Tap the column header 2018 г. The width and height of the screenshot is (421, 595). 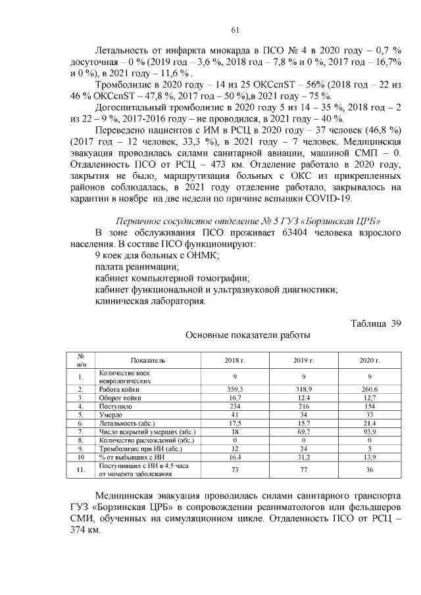point(235,361)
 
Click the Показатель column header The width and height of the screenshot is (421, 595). point(148,361)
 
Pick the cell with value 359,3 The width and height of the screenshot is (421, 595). point(235,389)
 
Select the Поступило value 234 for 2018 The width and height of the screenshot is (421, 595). point(235,406)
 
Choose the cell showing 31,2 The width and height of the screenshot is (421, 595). point(303,456)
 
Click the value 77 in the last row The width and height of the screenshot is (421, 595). point(303,469)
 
